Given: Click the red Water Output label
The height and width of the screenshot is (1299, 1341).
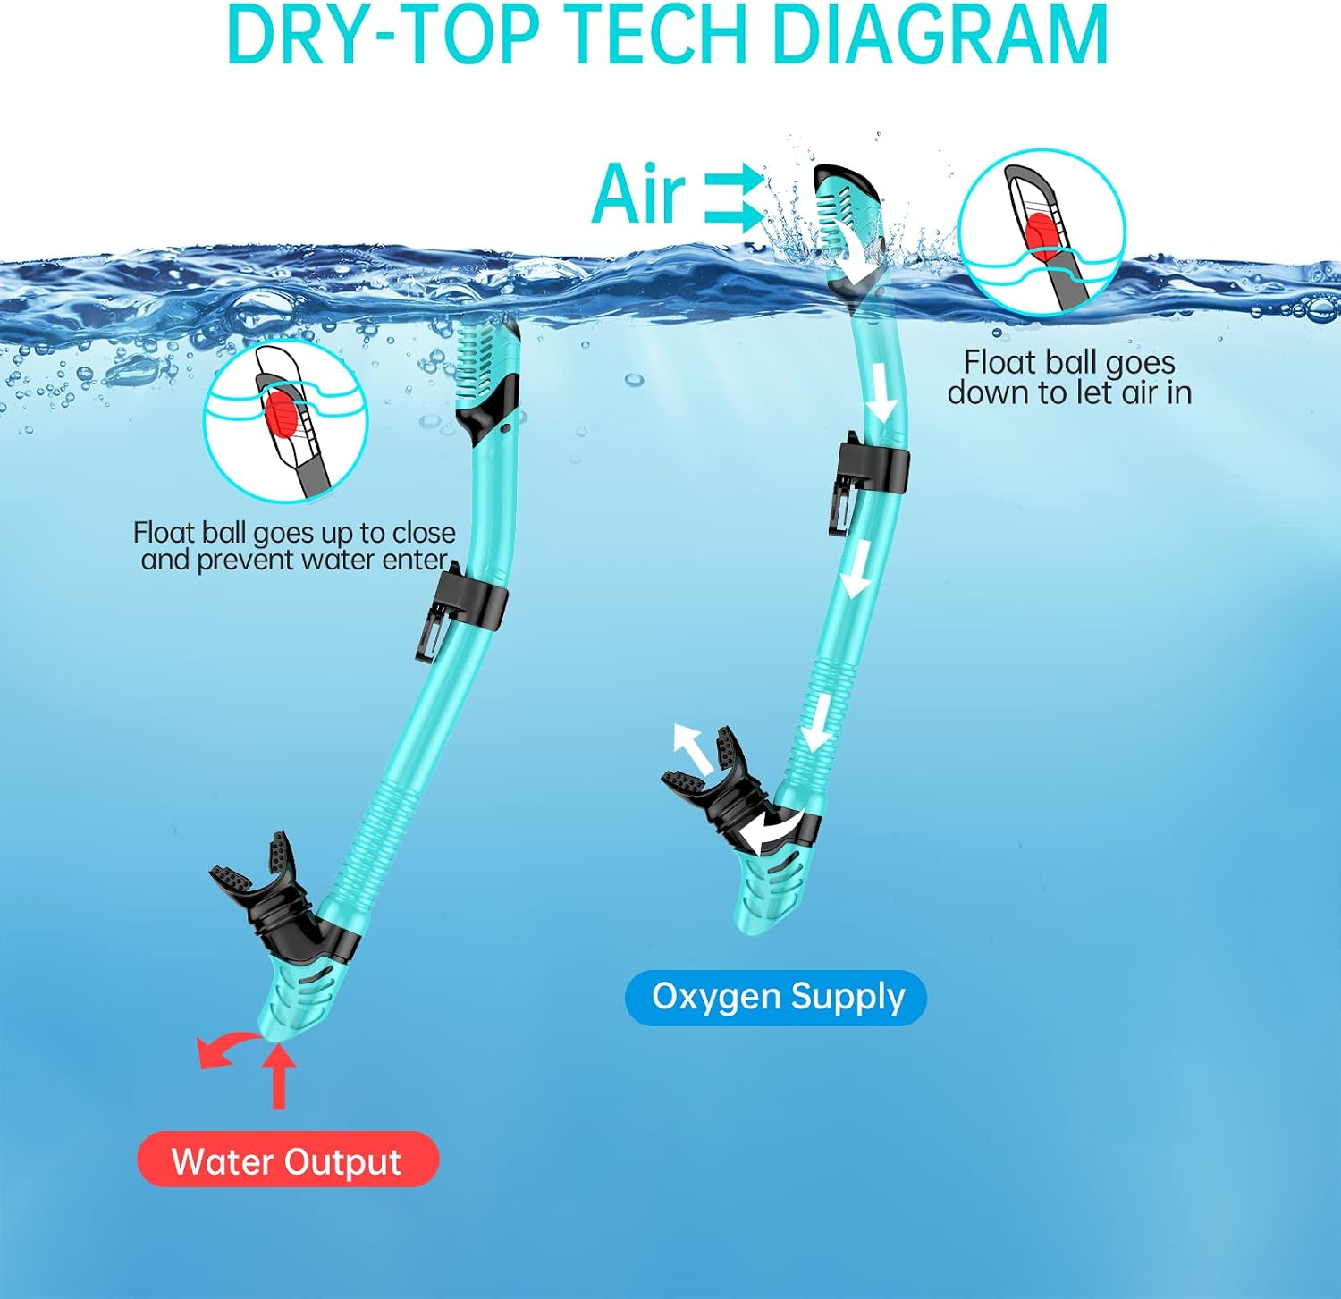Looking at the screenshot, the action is coord(288,1160).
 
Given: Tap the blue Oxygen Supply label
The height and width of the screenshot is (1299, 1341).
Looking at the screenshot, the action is coord(776,997).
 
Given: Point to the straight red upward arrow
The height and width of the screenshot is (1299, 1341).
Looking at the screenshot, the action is coord(279,1076).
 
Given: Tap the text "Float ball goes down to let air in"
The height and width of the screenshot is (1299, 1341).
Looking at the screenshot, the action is coord(1069,376).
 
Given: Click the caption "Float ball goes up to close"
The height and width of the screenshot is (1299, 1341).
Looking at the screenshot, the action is coord(294,533).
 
